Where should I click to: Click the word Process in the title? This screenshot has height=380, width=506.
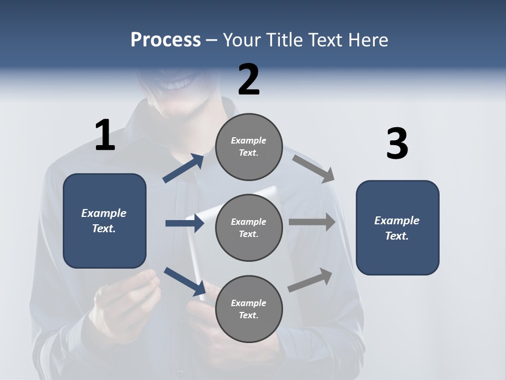click(x=166, y=40)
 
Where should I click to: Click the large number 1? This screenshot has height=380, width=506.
click(x=105, y=136)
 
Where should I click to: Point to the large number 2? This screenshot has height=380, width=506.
click(x=249, y=80)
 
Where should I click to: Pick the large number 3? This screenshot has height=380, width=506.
click(x=397, y=144)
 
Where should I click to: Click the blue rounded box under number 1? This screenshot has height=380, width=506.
click(x=104, y=221)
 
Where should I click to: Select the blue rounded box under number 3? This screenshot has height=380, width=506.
click(x=397, y=227)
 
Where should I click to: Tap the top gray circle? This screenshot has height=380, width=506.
click(x=249, y=147)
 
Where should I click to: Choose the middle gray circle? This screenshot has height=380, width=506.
click(x=249, y=227)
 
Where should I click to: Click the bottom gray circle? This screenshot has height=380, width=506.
click(x=249, y=309)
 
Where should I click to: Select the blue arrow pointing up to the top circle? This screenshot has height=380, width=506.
click(x=183, y=168)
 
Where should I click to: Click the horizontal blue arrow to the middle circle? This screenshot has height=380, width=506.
click(x=184, y=223)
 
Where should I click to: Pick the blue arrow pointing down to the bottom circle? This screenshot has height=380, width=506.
click(x=184, y=281)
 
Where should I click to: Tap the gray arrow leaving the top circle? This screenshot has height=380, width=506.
click(x=314, y=168)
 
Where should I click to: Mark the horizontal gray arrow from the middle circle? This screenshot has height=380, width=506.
click(x=312, y=222)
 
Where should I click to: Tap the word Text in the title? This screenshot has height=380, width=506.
click(x=326, y=40)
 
